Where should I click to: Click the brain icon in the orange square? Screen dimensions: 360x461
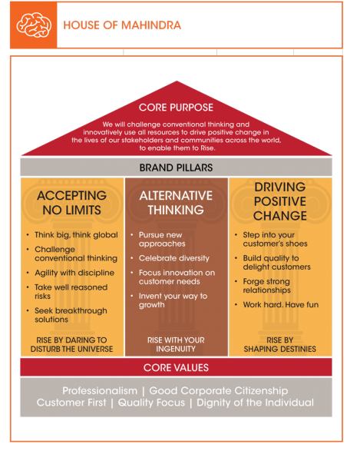(34, 25)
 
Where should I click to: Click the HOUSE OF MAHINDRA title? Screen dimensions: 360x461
(122, 25)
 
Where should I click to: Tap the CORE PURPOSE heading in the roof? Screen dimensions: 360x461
(177, 108)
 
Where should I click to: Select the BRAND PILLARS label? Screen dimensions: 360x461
(177, 167)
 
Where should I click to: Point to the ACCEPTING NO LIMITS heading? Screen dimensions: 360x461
(71, 203)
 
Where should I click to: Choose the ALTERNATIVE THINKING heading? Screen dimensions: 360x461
(176, 203)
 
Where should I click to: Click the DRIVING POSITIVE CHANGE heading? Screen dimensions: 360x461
(280, 201)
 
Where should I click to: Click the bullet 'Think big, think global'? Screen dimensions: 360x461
(76, 235)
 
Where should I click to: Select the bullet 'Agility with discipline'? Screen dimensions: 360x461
(74, 273)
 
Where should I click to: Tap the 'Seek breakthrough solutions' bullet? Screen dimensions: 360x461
(71, 315)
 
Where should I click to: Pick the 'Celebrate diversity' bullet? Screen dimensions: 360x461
(174, 258)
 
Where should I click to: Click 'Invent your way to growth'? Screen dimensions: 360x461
(173, 300)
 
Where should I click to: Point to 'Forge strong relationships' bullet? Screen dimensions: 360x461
(266, 286)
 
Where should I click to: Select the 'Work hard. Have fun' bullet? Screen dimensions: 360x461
(281, 304)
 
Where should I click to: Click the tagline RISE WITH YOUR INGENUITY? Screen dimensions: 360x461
(176, 344)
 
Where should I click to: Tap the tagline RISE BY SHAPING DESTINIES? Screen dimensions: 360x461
(280, 344)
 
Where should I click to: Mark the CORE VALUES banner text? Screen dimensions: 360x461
(176, 367)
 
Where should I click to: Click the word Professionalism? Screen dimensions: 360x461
(100, 391)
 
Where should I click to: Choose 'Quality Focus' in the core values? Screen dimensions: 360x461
(151, 403)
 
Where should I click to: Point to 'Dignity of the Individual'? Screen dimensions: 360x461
(255, 403)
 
